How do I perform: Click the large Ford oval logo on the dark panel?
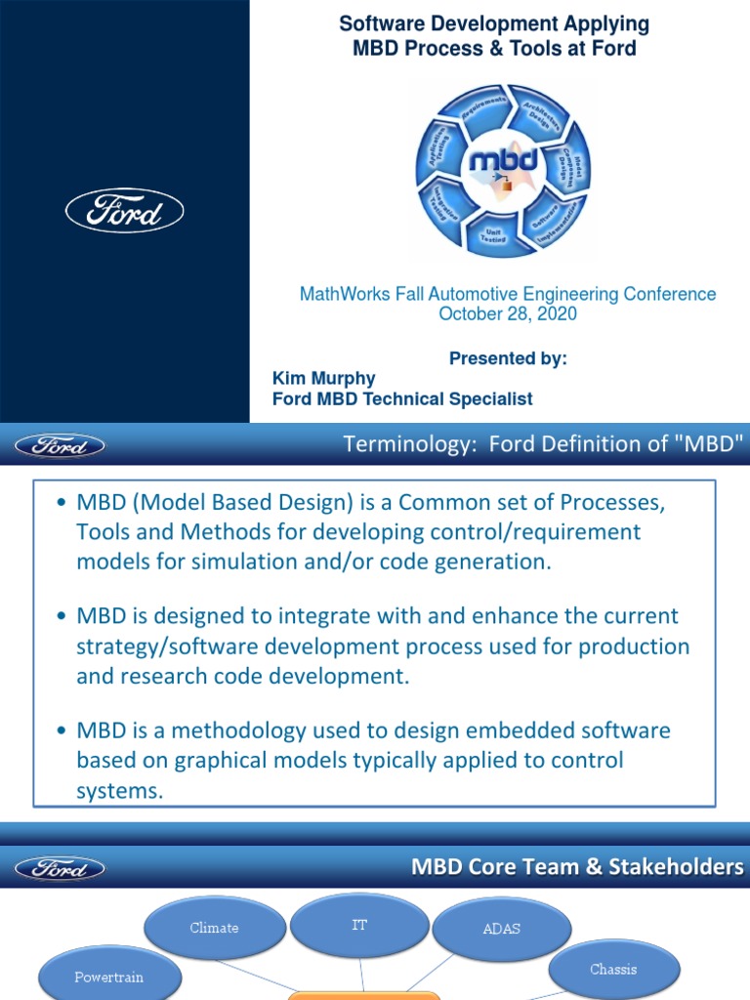point(124,210)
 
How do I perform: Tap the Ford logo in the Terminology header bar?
point(60,446)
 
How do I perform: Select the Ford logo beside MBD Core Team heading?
point(60,867)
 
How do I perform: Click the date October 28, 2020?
point(507,314)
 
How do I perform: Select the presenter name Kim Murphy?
point(323,378)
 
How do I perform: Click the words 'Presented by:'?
point(507,358)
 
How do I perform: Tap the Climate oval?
point(214,928)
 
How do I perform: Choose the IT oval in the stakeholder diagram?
point(359,925)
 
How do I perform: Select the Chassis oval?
point(613,969)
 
